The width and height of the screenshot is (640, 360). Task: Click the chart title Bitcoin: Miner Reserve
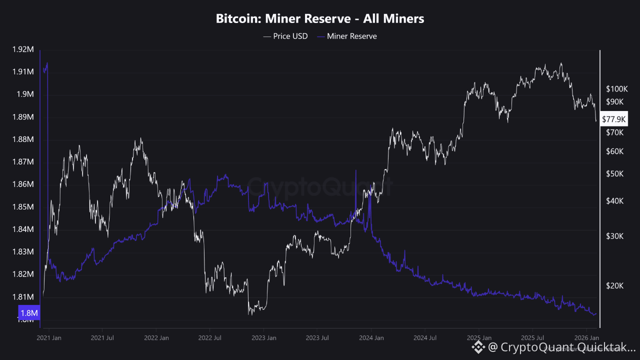(x=320, y=19)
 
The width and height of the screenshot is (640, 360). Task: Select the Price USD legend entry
(x=285, y=36)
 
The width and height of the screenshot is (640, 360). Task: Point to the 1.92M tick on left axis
(x=23, y=49)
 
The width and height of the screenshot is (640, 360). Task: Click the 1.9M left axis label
(x=25, y=94)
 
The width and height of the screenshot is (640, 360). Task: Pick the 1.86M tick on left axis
(x=23, y=184)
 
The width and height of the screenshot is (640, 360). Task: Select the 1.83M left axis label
(x=23, y=252)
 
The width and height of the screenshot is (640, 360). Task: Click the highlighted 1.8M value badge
(x=28, y=313)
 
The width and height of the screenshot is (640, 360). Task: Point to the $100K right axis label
(x=616, y=89)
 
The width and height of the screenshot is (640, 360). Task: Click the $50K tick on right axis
(x=614, y=174)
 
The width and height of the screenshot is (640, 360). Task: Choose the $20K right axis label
(x=614, y=286)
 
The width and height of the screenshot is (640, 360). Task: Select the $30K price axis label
(x=614, y=236)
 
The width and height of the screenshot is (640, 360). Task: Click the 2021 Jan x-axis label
(x=49, y=338)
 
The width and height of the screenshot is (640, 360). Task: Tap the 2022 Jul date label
(x=209, y=338)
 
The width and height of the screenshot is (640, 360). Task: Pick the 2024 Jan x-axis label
(x=371, y=338)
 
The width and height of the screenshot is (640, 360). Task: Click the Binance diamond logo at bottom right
(x=478, y=346)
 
